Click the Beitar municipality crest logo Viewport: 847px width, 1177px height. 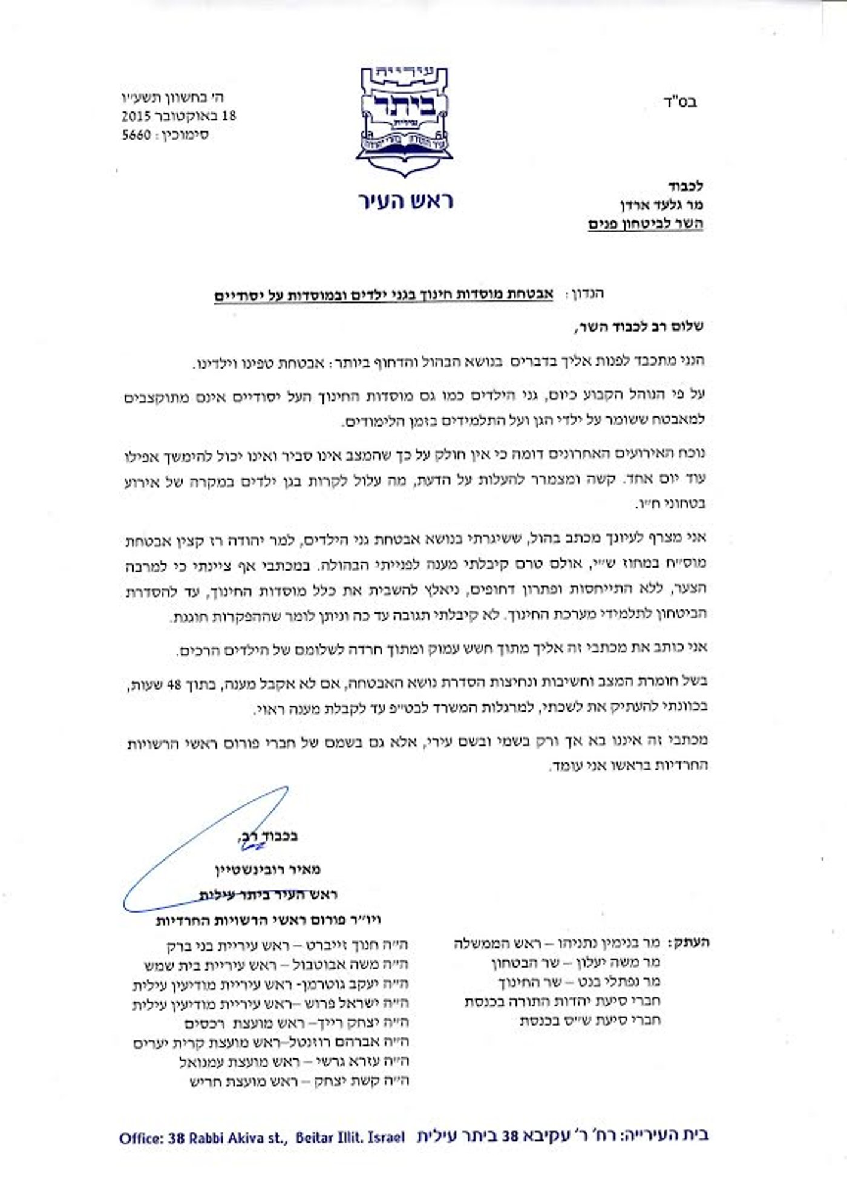pos(404,121)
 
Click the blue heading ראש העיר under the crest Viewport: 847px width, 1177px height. pos(405,202)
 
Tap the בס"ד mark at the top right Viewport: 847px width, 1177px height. pos(683,102)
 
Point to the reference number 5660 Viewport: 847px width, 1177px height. pos(136,134)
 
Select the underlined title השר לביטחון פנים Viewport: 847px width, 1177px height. pos(645,225)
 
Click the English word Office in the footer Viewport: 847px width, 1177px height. pos(139,1138)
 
